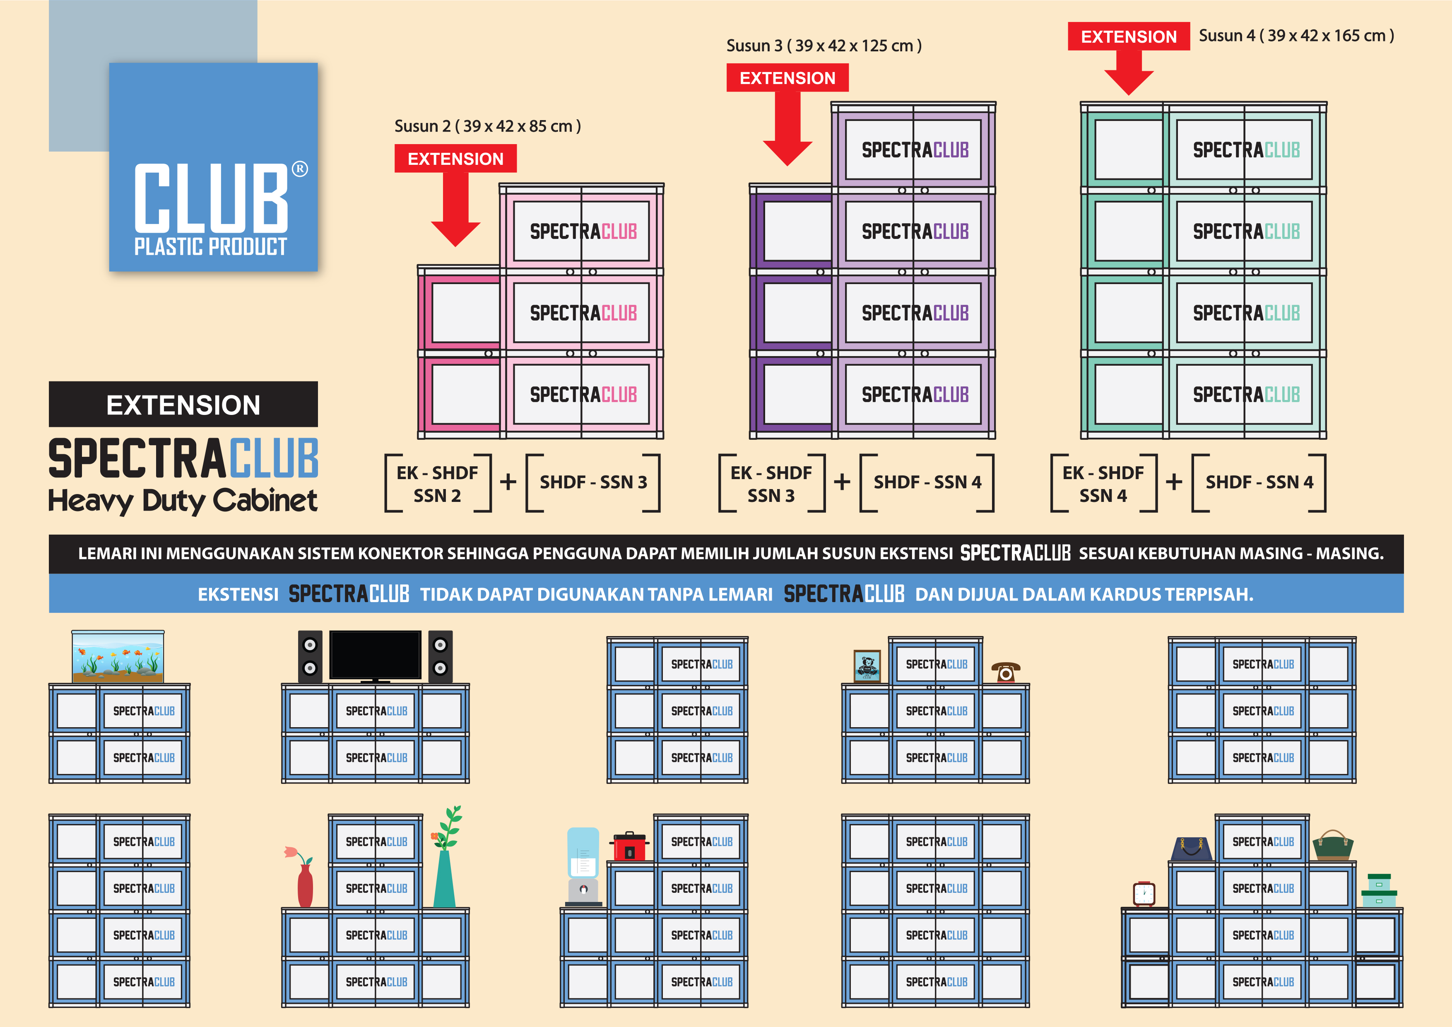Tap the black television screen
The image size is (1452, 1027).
375,655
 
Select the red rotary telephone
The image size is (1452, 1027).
1006,672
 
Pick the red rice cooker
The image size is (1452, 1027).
629,846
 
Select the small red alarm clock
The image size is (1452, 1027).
1144,894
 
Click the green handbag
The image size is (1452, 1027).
1332,846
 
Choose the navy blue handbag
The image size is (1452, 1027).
1192,848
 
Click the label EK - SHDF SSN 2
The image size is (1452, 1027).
438,484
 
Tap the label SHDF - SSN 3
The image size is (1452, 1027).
593,482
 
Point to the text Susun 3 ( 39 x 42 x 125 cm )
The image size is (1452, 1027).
824,46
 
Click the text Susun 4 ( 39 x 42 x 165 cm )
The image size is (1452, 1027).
1296,36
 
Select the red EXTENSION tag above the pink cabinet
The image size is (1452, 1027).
455,159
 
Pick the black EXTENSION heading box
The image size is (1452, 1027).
183,405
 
